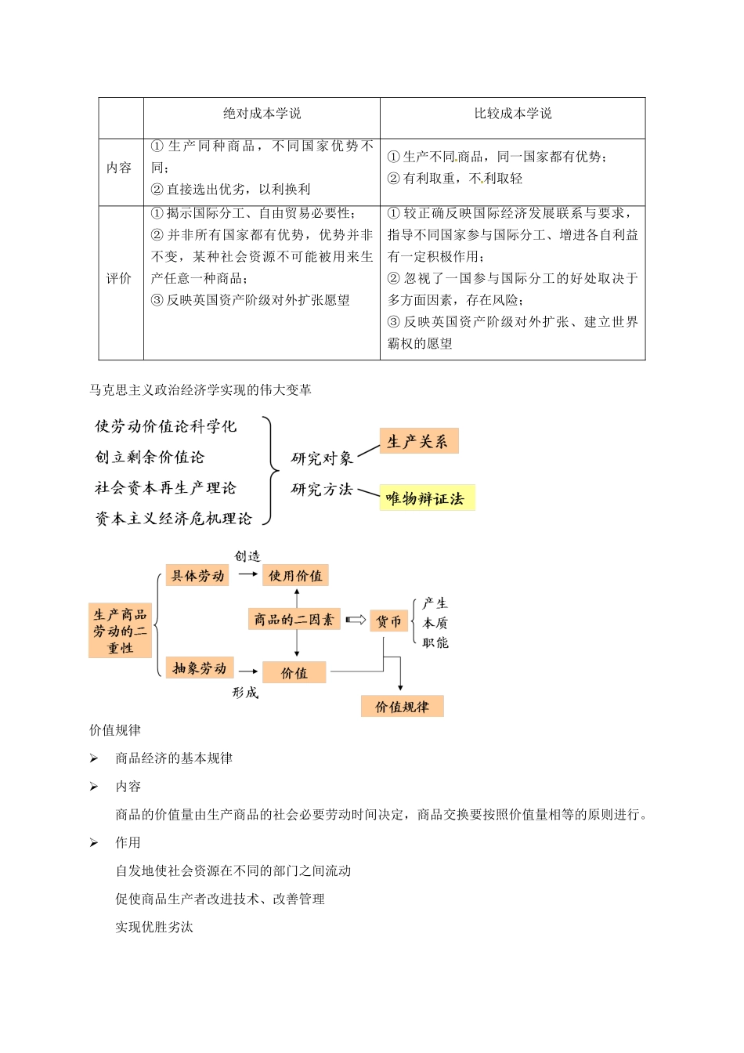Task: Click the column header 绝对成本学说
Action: pyautogui.click(x=262, y=114)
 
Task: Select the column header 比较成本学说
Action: pyautogui.click(x=513, y=114)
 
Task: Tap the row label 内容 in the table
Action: pyautogui.click(x=120, y=168)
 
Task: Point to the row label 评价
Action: pyautogui.click(x=120, y=279)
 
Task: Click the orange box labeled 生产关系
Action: pyautogui.click(x=418, y=442)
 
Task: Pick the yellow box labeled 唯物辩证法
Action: pyautogui.click(x=426, y=498)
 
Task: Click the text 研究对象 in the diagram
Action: pyautogui.click(x=322, y=458)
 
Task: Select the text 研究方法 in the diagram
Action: pyautogui.click(x=322, y=490)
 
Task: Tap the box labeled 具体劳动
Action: pyautogui.click(x=198, y=577)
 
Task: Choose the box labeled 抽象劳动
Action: pyautogui.click(x=199, y=668)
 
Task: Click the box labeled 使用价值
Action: pyautogui.click(x=295, y=576)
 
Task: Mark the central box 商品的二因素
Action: pyautogui.click(x=294, y=620)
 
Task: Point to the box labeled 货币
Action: pyautogui.click(x=388, y=621)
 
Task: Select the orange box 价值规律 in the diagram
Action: pyautogui.click(x=402, y=707)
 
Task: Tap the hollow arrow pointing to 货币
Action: pyautogui.click(x=356, y=621)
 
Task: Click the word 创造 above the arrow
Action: pyautogui.click(x=247, y=556)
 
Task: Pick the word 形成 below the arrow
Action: pyautogui.click(x=245, y=693)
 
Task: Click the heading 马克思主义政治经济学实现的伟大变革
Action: pyautogui.click(x=200, y=389)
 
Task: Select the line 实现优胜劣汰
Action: pyautogui.click(x=154, y=928)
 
